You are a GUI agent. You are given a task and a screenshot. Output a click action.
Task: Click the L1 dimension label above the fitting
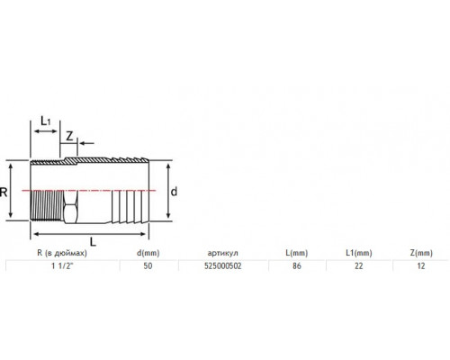click(x=46, y=121)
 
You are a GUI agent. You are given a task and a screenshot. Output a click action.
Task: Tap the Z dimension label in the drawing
click(x=69, y=137)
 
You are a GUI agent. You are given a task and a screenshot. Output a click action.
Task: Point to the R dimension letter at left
click(x=4, y=193)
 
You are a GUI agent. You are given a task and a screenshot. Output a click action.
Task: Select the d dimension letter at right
click(x=174, y=192)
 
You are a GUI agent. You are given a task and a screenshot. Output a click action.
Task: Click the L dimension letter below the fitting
click(x=93, y=241)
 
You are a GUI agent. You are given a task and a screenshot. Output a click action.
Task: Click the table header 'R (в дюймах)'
click(x=62, y=253)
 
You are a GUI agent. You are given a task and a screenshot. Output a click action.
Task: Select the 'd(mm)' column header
click(x=148, y=253)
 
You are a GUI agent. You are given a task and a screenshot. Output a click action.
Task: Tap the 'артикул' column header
click(x=222, y=253)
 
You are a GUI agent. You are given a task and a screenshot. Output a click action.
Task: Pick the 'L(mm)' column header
click(x=297, y=253)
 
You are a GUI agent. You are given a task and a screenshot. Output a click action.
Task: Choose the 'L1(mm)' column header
click(x=359, y=253)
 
